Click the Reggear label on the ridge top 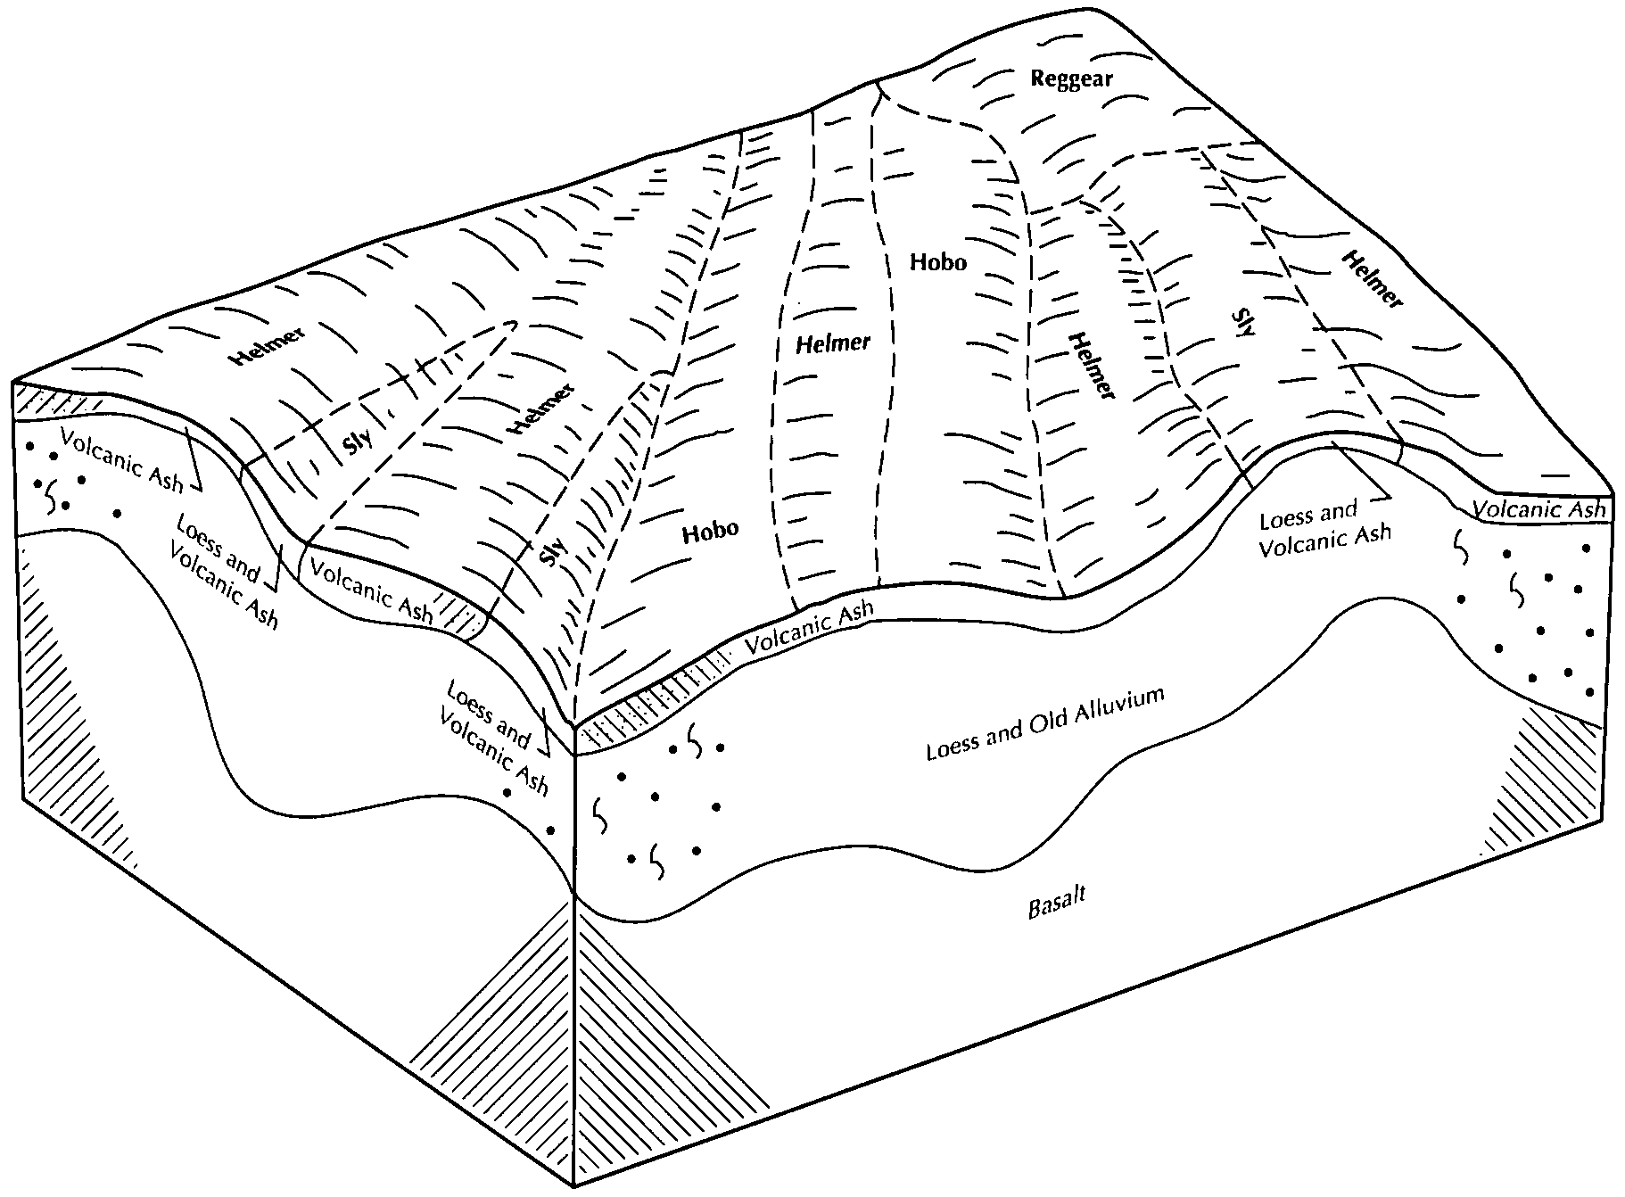coord(1071,78)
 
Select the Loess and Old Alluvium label coord(1045,723)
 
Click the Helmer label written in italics coord(833,342)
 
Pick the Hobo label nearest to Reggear coord(937,262)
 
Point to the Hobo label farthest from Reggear coord(710,531)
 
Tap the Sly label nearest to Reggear coord(1244,321)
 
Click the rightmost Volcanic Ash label coord(1538,509)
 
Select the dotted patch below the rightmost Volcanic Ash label coord(1534,615)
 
